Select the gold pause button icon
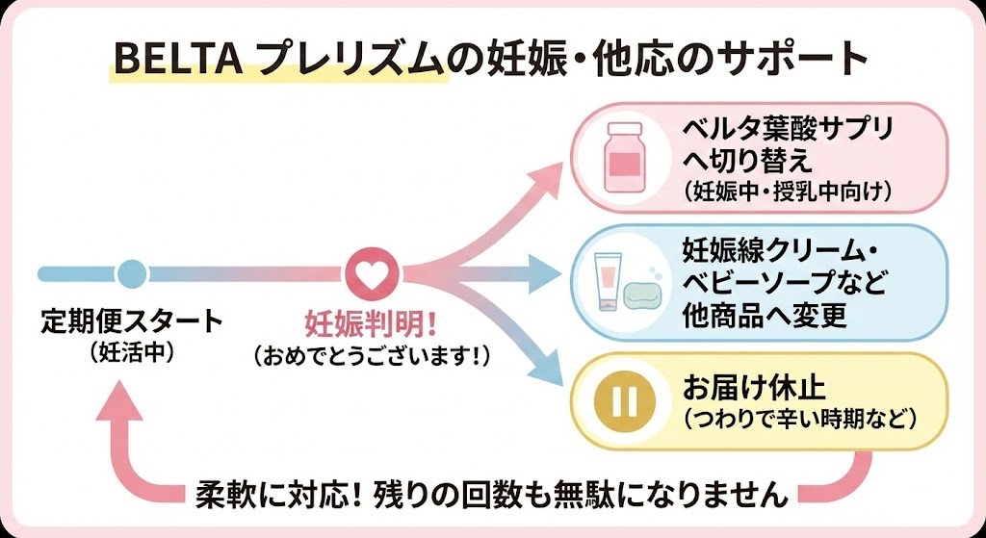(x=624, y=401)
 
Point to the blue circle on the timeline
(x=132, y=273)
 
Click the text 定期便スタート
(x=131, y=320)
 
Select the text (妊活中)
(x=131, y=351)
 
